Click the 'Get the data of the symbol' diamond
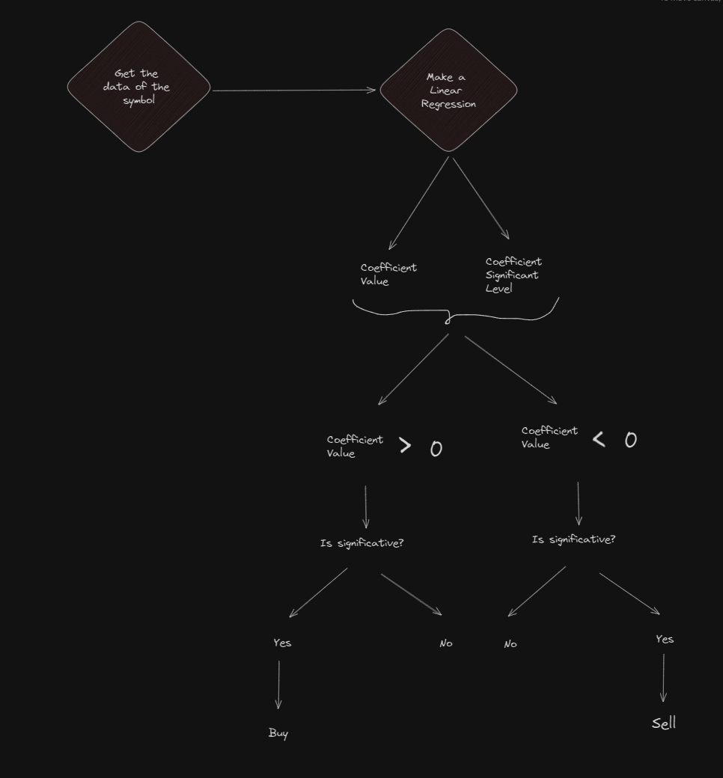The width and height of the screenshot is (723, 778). [138, 87]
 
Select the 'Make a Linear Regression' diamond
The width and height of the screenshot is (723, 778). [448, 91]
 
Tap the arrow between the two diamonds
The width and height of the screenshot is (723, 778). [294, 91]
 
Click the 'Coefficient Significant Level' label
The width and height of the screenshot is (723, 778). [513, 275]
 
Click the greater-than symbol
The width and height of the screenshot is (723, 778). [405, 446]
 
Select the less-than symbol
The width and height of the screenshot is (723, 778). [599, 439]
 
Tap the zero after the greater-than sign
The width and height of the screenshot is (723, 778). [436, 449]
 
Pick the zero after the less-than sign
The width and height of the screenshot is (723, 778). [631, 440]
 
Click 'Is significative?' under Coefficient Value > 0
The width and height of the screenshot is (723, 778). [362, 543]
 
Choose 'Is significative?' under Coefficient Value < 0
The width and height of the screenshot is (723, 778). [574, 539]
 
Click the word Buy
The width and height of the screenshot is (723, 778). [278, 733]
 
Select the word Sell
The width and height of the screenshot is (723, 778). [664, 723]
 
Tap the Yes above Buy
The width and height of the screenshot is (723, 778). [282, 643]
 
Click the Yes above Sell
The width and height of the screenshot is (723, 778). [665, 639]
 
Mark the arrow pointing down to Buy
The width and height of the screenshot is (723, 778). [278, 684]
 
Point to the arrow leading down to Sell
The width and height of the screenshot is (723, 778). [663, 678]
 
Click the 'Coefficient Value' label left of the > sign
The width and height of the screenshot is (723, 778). [355, 447]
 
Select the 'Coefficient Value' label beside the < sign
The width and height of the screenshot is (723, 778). [549, 438]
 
